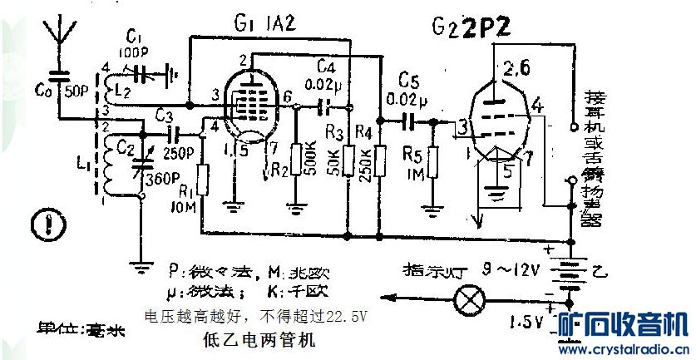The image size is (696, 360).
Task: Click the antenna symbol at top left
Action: tap(59, 35)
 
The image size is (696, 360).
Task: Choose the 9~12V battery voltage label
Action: tap(512, 269)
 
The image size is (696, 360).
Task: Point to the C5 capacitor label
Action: tap(408, 81)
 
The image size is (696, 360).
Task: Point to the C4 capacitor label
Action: tap(327, 66)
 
